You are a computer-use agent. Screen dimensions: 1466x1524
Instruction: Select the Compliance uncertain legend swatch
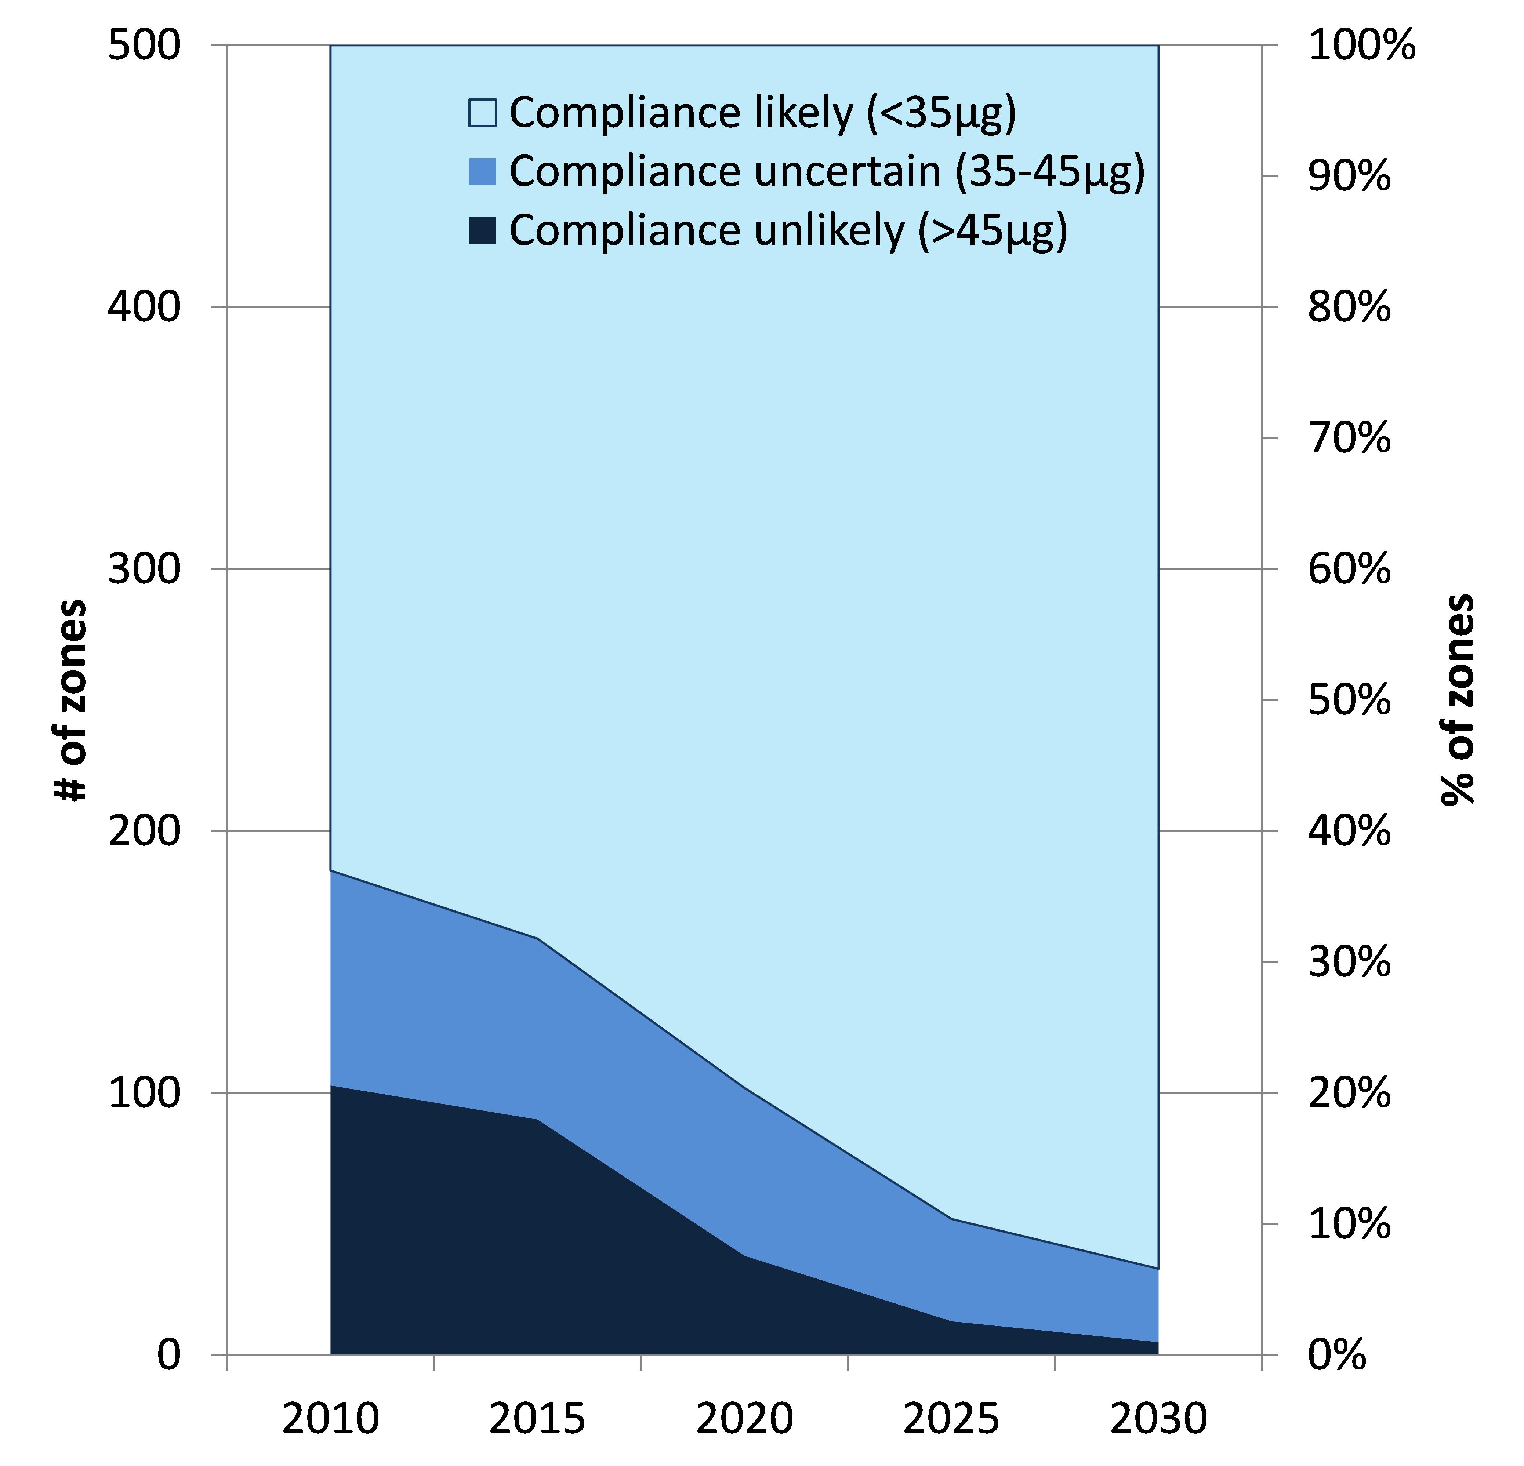pos(482,171)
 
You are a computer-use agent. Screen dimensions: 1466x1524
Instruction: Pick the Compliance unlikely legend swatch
pos(482,230)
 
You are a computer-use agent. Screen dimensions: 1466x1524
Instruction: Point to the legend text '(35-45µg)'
pos(1050,172)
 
